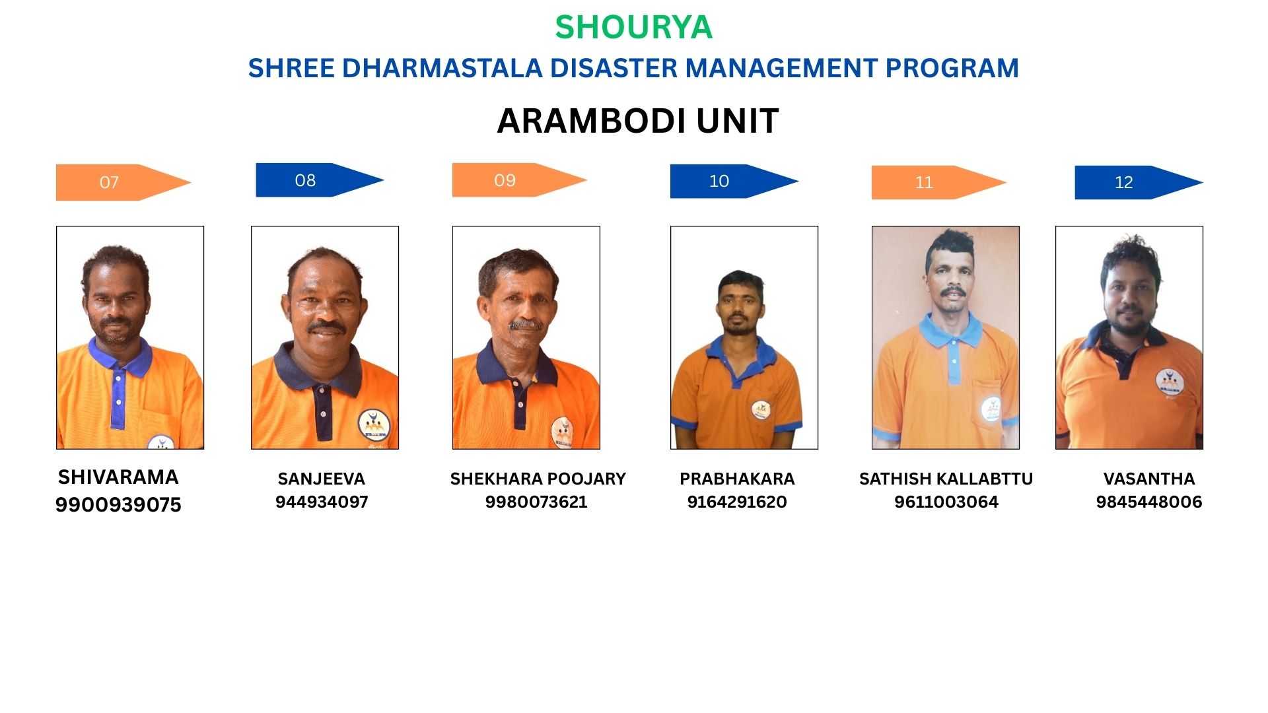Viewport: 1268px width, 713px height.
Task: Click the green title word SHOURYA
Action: [x=633, y=28]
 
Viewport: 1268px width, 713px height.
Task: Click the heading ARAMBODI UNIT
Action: [x=638, y=121]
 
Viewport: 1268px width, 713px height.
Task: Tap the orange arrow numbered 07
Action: [x=123, y=182]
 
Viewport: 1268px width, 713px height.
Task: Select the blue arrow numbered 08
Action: [x=320, y=180]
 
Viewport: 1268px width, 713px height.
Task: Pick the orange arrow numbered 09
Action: [x=519, y=180]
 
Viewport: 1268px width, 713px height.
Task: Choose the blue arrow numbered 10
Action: [x=734, y=181]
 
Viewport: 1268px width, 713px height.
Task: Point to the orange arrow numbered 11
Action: [x=938, y=182]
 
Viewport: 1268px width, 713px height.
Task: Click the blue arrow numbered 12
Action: [x=1139, y=182]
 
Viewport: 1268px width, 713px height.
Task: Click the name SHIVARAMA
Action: [x=118, y=477]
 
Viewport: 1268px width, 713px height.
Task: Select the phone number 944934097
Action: [x=322, y=502]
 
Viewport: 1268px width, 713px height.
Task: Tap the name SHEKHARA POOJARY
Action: [x=538, y=479]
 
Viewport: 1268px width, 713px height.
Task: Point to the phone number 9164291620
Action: [x=737, y=502]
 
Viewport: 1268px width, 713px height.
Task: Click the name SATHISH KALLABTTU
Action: [x=946, y=479]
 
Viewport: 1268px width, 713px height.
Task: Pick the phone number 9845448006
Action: [x=1149, y=502]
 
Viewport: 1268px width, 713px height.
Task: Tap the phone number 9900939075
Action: [x=118, y=505]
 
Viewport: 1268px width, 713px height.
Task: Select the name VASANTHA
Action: [x=1149, y=479]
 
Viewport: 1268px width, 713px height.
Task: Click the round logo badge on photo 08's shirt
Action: [x=373, y=426]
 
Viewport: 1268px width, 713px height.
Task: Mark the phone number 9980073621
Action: [x=536, y=502]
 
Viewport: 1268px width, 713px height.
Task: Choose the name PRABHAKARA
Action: [x=737, y=479]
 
